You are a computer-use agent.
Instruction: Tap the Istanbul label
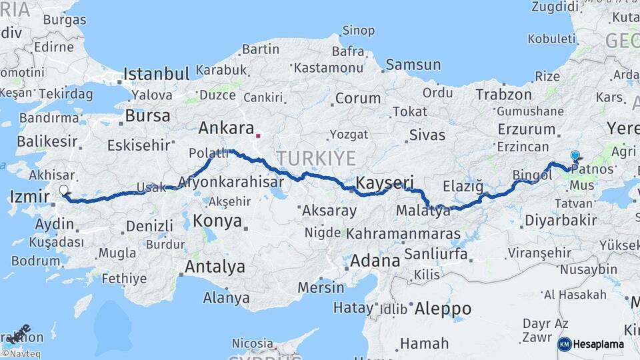[x=157, y=73]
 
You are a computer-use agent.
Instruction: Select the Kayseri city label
[x=385, y=183]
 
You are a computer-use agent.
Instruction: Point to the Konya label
[x=217, y=221]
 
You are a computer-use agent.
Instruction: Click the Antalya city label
[x=215, y=267]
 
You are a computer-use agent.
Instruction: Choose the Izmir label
[x=30, y=197]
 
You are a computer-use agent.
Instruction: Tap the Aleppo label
[x=443, y=309]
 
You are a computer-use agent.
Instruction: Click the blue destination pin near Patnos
[x=575, y=155]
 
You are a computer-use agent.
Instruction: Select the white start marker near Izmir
[x=64, y=190]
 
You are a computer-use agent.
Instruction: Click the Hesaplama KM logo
[x=591, y=344]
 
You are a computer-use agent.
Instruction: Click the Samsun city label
[x=413, y=65]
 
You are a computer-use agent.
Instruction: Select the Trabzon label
[x=503, y=95]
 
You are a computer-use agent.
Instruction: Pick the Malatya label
[x=423, y=211]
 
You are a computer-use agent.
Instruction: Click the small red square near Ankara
[x=257, y=136]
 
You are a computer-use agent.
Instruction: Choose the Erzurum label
[x=526, y=129]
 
